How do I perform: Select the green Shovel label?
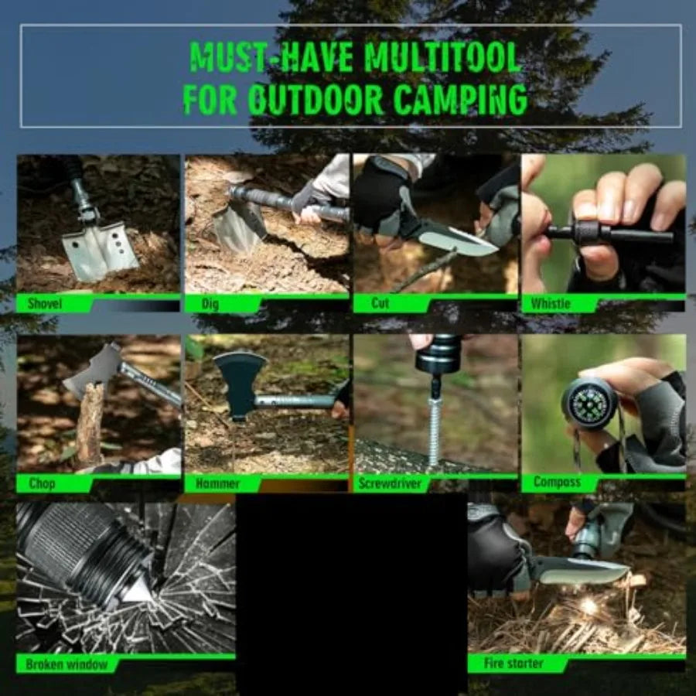(45, 304)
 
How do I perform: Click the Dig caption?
(210, 304)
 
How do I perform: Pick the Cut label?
(380, 303)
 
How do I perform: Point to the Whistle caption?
(551, 304)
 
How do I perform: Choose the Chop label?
(42, 484)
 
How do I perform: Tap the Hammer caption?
(218, 484)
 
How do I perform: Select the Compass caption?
(557, 483)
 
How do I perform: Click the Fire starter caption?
(513, 664)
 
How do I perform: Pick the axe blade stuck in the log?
(93, 371)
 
